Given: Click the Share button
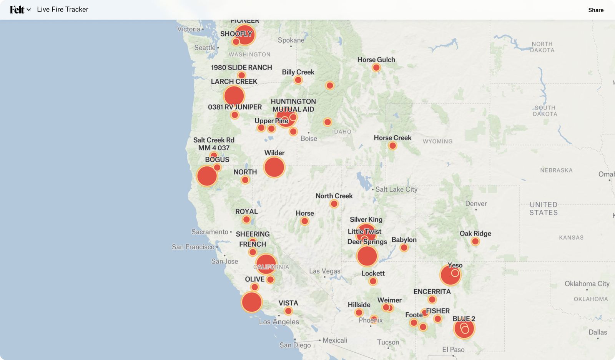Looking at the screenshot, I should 595,10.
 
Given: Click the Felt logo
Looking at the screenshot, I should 17,10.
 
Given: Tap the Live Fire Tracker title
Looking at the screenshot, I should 63,10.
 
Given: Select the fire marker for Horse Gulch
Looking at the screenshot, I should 376,68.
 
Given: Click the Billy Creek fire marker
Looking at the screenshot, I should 298,80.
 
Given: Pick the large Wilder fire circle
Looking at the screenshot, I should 274,168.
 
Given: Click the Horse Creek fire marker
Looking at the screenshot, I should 392,146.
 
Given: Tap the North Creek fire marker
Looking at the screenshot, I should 334,204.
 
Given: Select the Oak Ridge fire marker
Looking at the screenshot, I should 475,241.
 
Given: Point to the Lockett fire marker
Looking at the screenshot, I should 373,281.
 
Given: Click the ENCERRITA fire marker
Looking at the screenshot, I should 432,299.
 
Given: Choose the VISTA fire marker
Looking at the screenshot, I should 288,311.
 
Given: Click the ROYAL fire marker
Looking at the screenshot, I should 246,220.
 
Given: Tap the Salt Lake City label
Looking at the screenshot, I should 396,189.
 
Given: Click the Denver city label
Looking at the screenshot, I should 476,204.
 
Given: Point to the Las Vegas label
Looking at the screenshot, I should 324,271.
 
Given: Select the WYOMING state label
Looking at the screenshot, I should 437,141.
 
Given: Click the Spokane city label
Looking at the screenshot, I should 291,40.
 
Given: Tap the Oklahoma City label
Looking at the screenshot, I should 587,284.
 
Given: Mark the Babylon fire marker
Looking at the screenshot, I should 404,247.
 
